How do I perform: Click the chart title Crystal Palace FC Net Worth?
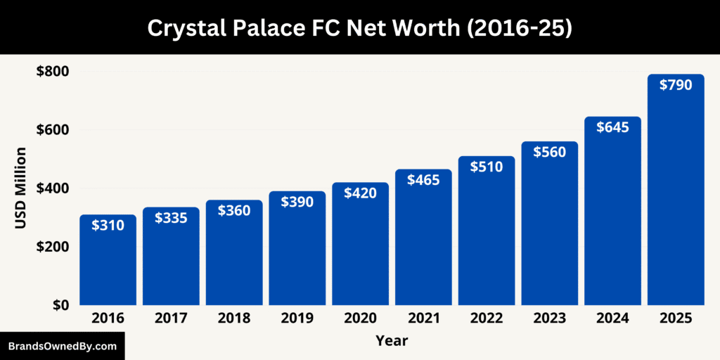(360, 27)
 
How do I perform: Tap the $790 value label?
(676, 85)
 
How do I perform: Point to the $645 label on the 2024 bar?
(612, 127)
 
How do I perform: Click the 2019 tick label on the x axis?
(297, 319)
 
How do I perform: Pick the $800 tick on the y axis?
(53, 71)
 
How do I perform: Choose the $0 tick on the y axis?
(60, 305)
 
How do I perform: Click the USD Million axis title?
(21, 188)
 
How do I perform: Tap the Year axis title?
(392, 341)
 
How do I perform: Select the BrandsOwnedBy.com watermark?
(62, 346)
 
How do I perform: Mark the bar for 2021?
(423, 246)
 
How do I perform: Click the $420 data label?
(360, 193)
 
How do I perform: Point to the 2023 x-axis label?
(549, 319)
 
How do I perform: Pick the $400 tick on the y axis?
(53, 188)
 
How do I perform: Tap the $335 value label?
(171, 218)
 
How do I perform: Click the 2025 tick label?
(675, 319)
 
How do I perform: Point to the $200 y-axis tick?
(53, 247)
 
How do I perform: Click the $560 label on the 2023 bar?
(549, 152)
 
